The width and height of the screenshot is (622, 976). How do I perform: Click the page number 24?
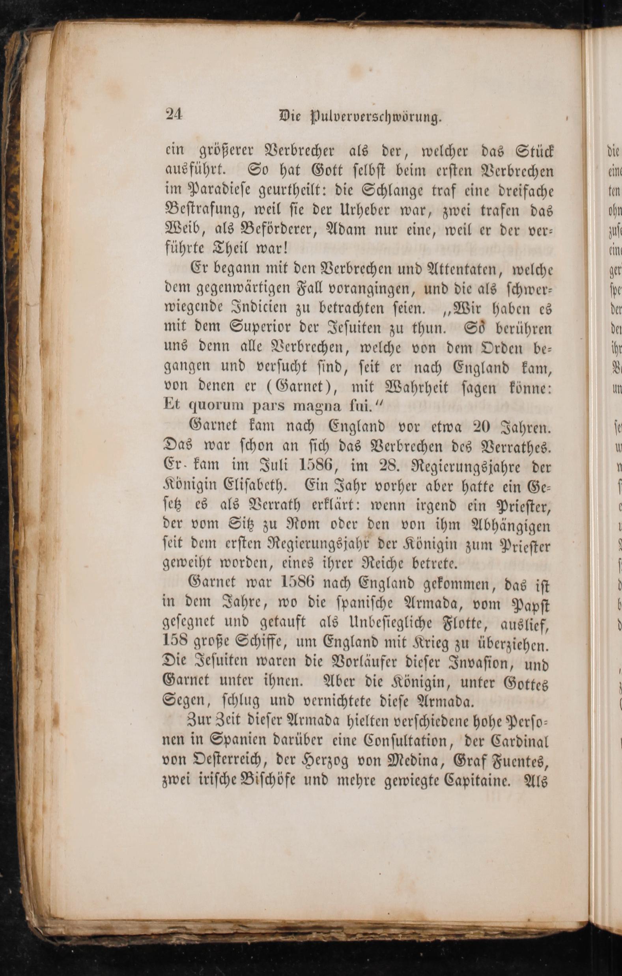point(174,115)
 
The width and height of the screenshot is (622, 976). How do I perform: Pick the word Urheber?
point(351,211)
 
